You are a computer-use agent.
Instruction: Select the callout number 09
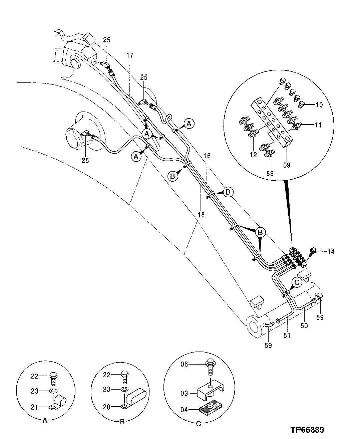[287, 165]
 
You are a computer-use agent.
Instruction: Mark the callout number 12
[254, 155]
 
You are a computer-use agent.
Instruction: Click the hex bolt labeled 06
[211, 366]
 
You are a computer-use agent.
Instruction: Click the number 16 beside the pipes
[207, 156]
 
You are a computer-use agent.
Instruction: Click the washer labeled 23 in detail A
[53, 391]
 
